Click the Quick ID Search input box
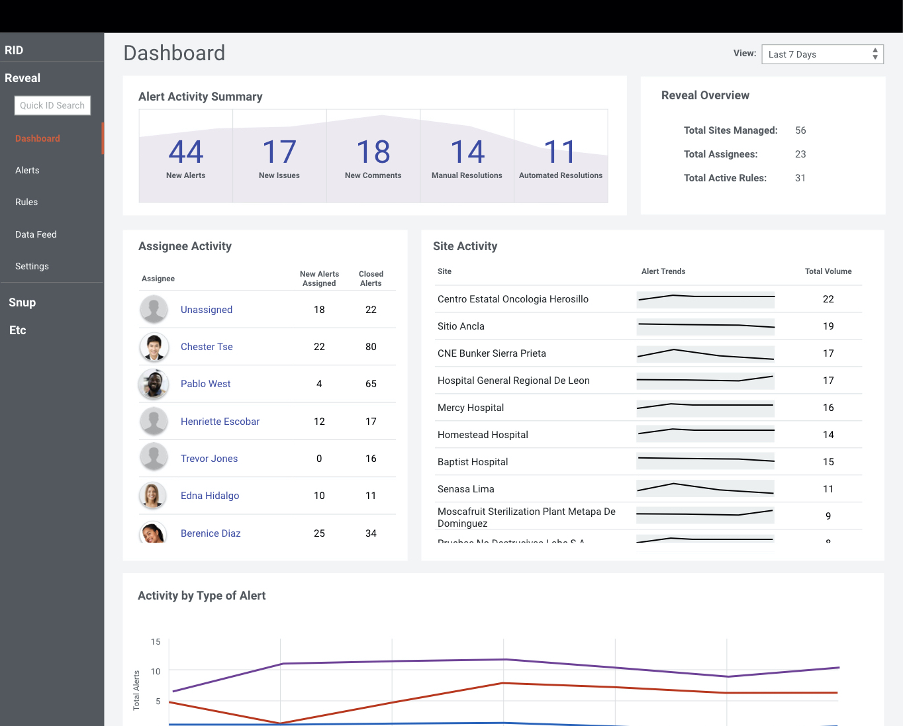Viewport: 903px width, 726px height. pyautogui.click(x=52, y=105)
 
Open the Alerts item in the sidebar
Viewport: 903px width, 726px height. pyautogui.click(x=27, y=170)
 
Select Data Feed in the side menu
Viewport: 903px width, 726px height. pyautogui.click(x=36, y=234)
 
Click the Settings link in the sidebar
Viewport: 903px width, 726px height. pyautogui.click(x=32, y=266)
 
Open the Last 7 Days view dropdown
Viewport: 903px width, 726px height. pyautogui.click(x=822, y=54)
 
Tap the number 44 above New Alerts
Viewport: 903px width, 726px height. pyautogui.click(x=186, y=152)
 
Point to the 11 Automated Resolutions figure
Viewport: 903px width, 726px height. pyautogui.click(x=560, y=152)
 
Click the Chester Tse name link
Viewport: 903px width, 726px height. pyautogui.click(x=207, y=347)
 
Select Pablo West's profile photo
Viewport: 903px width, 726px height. pyautogui.click(x=154, y=384)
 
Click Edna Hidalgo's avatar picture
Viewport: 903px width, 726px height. pyautogui.click(x=153, y=496)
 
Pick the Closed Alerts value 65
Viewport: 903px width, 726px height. pyautogui.click(x=371, y=384)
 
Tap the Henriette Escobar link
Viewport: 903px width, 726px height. pyautogui.click(x=220, y=422)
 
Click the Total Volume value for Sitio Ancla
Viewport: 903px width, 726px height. pyautogui.click(x=828, y=326)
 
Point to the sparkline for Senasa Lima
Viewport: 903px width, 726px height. pyautogui.click(x=705, y=488)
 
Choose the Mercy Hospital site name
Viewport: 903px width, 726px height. pyautogui.click(x=471, y=408)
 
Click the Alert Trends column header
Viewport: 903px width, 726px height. pyautogui.click(x=663, y=271)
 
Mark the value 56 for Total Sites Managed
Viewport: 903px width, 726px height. pyautogui.click(x=800, y=130)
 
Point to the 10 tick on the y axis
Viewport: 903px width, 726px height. pyautogui.click(x=156, y=672)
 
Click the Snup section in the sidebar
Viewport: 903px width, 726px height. pyautogui.click(x=23, y=302)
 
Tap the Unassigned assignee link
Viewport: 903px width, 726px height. pyautogui.click(x=207, y=310)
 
